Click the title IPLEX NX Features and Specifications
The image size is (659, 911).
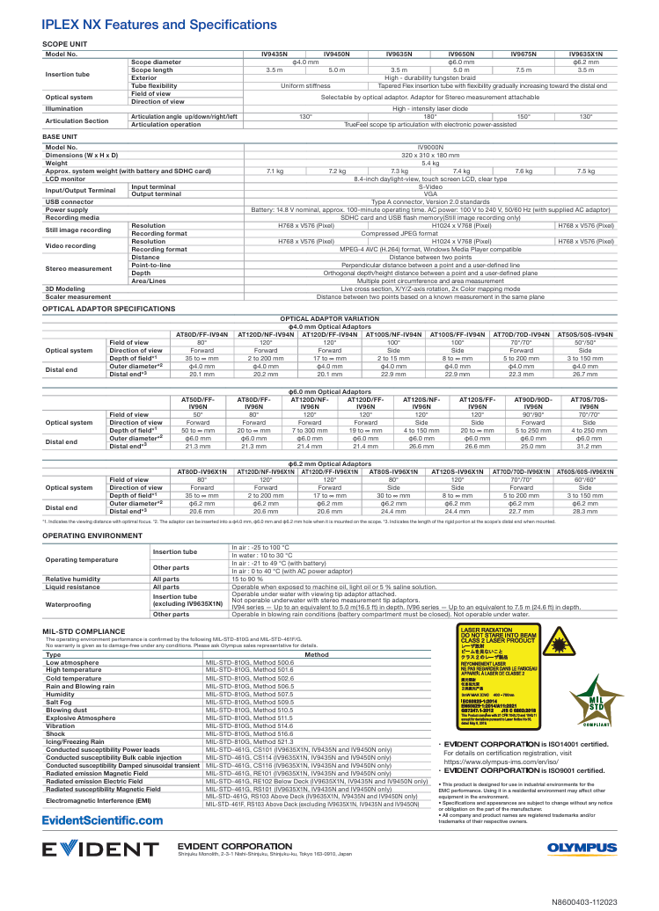(159, 25)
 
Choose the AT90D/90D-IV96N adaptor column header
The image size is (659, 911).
(532, 404)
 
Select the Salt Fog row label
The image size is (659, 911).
(61, 703)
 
